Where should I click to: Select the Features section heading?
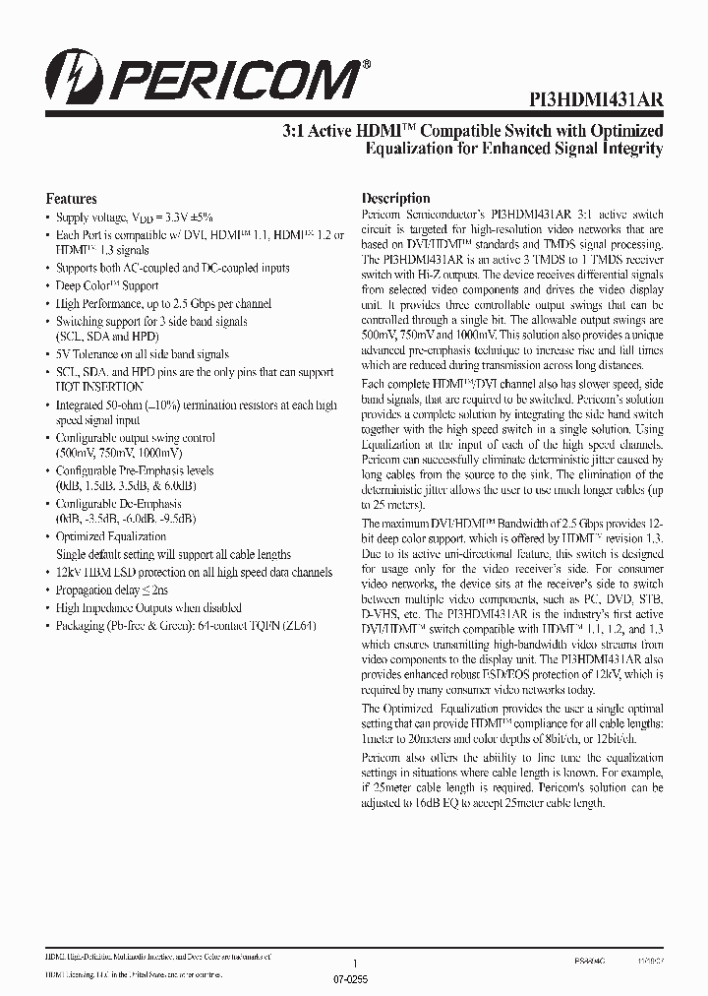coord(72,198)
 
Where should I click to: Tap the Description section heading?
coord(396,198)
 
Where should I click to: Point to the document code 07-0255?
coord(354,981)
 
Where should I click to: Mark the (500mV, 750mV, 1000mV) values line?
coord(119,453)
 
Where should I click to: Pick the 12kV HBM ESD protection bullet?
coord(194,572)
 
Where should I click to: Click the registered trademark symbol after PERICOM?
coord(367,63)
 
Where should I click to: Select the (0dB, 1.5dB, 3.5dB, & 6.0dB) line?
coord(123,486)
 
